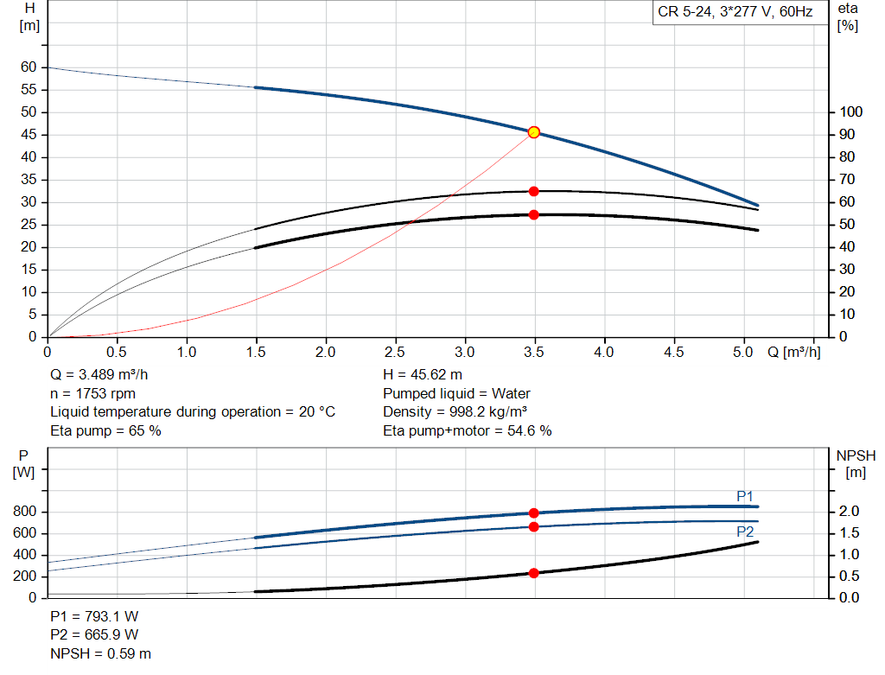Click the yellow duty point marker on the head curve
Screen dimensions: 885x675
pos(533,132)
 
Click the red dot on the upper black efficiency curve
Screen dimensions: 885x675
pos(533,191)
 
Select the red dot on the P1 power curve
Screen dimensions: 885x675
pos(533,513)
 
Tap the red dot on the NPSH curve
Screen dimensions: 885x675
pos(533,573)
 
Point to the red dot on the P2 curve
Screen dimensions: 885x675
pos(533,526)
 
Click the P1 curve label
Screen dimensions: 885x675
pos(744,496)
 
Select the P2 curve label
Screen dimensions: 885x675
pos(744,532)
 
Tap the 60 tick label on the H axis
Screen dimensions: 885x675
pos(29,67)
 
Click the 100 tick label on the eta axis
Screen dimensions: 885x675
pos(850,111)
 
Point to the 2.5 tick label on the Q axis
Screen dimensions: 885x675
pos(395,352)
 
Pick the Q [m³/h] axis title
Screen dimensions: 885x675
pos(793,352)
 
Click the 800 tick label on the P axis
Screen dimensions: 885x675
pos(24,512)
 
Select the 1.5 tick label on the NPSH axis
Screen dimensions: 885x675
pos(849,532)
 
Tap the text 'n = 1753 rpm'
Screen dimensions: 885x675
pos(92,394)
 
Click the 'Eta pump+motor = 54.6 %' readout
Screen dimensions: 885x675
pos(468,431)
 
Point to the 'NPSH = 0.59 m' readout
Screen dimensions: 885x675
pos(100,653)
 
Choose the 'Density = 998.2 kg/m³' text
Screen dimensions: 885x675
pos(455,412)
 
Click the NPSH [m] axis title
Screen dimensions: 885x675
pos(856,464)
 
